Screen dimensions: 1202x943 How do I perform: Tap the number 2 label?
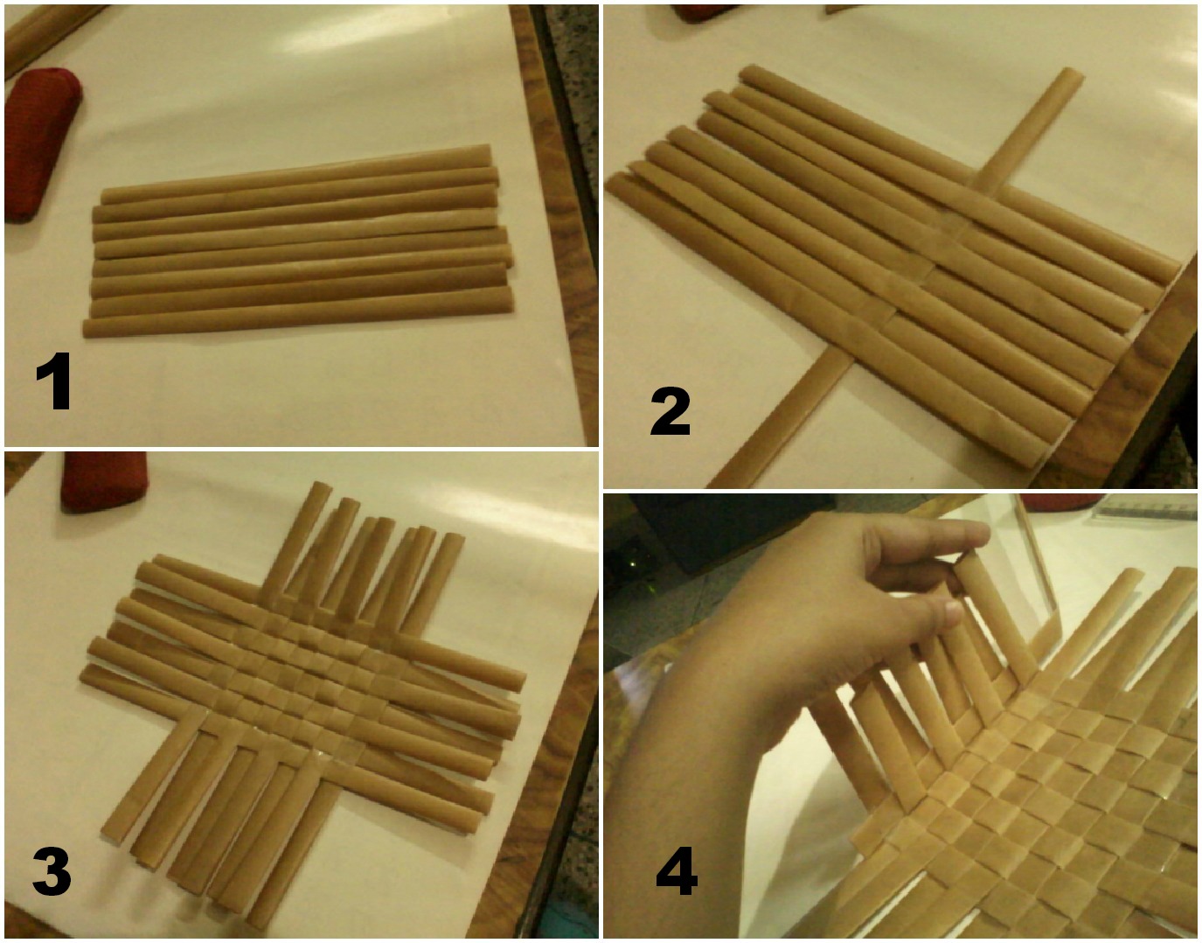(x=670, y=410)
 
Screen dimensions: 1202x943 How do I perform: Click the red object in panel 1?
(x=40, y=145)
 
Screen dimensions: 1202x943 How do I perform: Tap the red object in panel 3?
(x=103, y=480)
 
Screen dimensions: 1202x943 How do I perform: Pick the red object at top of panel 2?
(x=705, y=12)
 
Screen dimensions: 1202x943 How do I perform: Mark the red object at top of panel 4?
(x=1062, y=501)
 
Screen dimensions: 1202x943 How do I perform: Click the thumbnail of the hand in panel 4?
(x=953, y=612)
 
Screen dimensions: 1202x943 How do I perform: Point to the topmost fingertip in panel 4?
(x=978, y=534)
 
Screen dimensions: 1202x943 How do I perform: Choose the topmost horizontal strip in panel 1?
(x=296, y=173)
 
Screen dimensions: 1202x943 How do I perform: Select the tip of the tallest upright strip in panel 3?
(x=322, y=487)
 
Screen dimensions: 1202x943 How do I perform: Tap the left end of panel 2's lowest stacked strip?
(x=613, y=183)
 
